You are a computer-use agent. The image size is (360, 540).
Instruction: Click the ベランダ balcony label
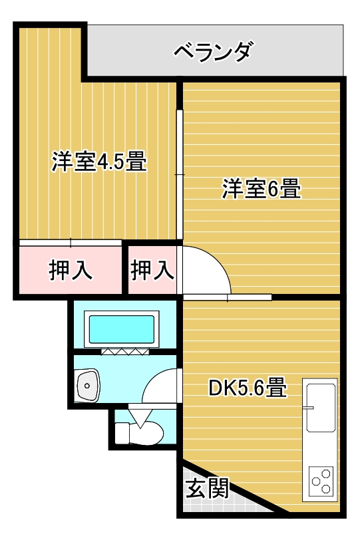click(x=213, y=52)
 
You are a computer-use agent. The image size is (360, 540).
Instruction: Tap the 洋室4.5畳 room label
click(x=99, y=162)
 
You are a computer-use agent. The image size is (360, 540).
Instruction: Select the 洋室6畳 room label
click(x=261, y=190)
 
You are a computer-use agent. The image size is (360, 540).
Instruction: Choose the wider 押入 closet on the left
click(x=70, y=270)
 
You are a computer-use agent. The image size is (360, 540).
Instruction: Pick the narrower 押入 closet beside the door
click(x=152, y=270)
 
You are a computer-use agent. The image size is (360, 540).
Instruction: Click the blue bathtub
click(x=122, y=329)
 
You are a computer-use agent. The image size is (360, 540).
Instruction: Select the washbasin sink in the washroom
click(x=87, y=384)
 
